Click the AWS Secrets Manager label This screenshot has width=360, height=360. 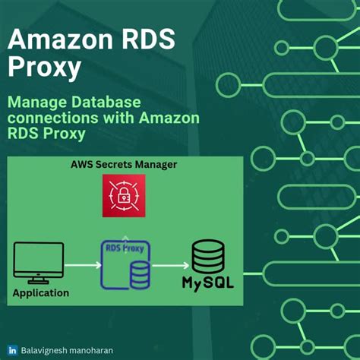(124, 164)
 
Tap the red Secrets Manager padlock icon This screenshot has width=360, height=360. (124, 195)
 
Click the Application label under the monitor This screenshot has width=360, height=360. (42, 292)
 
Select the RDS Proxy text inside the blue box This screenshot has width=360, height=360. (125, 248)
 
